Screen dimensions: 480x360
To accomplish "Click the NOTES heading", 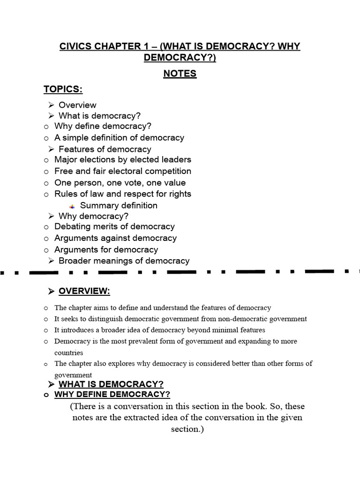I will [180, 74].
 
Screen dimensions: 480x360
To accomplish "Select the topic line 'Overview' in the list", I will [77, 105].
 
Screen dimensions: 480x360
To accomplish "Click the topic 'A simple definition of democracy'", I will [119, 138].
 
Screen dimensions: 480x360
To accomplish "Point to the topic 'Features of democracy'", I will [105, 149].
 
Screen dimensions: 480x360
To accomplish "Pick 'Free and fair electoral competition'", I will [123, 171].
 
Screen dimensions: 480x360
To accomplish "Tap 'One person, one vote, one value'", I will [120, 183].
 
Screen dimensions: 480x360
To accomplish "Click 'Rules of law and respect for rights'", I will [123, 194].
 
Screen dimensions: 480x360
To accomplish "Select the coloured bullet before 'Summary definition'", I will [72, 206].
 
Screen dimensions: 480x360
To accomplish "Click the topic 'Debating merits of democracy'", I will [114, 226].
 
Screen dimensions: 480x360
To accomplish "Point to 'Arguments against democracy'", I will [115, 238].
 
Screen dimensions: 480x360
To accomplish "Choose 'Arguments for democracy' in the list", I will [106, 249].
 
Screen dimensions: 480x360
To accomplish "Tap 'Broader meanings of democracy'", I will [124, 261].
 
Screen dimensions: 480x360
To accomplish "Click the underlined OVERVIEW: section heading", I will [84, 292].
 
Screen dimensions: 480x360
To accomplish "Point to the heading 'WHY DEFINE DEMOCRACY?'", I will [112, 394].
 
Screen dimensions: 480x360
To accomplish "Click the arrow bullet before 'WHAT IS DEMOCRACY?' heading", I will [52, 384].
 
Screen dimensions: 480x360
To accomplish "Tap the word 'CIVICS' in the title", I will [75, 47].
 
